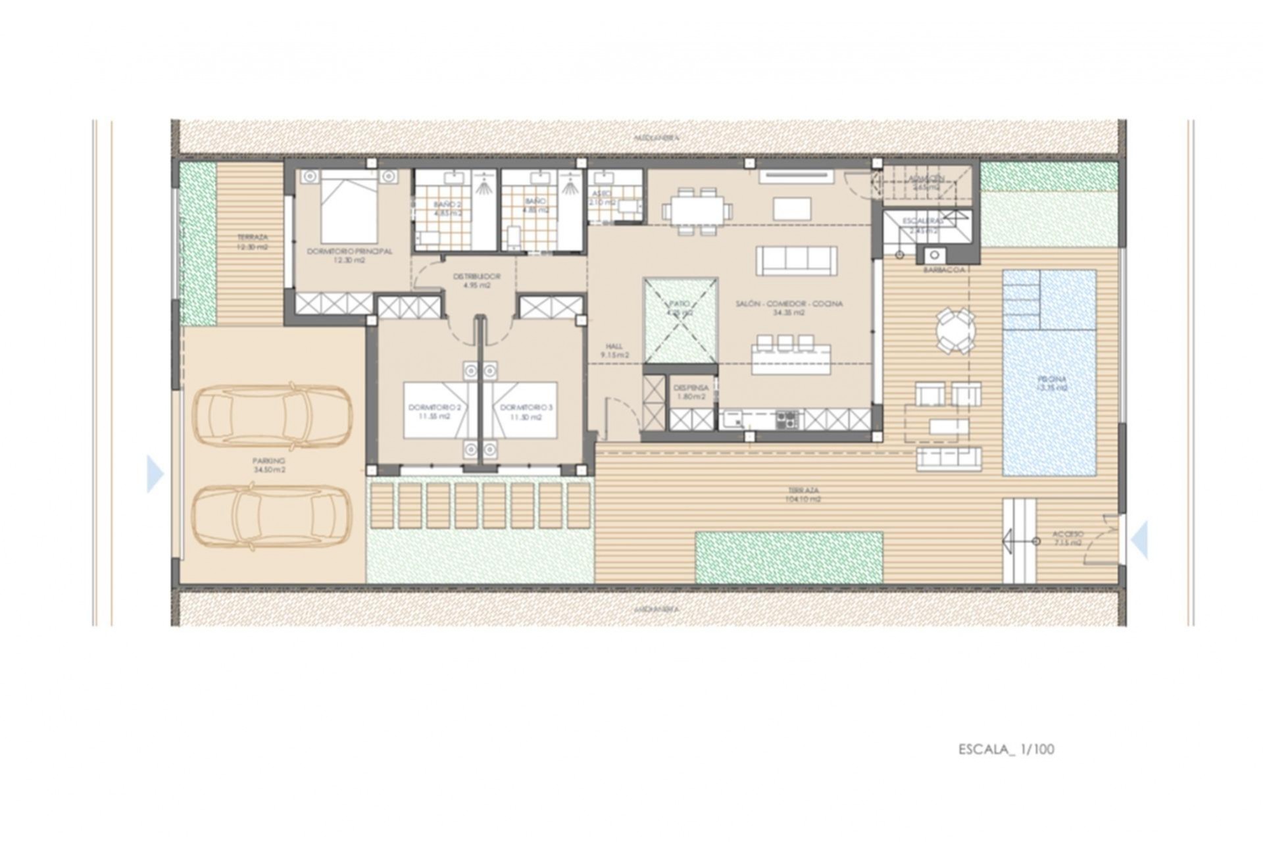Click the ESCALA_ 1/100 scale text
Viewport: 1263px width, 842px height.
pos(1006,749)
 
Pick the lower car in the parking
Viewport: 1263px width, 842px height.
pos(272,517)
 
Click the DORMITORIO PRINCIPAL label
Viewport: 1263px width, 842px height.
pos(349,255)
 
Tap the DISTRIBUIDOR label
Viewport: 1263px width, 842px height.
pos(476,281)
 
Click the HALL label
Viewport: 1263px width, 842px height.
pos(614,351)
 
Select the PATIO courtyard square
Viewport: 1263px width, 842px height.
pos(680,320)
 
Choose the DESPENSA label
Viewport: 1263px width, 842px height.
pos(691,392)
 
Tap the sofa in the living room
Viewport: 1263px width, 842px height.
pos(796,261)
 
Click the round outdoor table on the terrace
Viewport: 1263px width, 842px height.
pos(956,331)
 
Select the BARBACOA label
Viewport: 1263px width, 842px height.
pos(943,270)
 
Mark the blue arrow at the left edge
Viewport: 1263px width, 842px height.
pos(155,474)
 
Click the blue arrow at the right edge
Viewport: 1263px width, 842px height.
pos(1140,540)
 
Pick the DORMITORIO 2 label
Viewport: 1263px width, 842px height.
pos(434,412)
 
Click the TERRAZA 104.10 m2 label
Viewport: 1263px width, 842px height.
pos(803,495)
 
